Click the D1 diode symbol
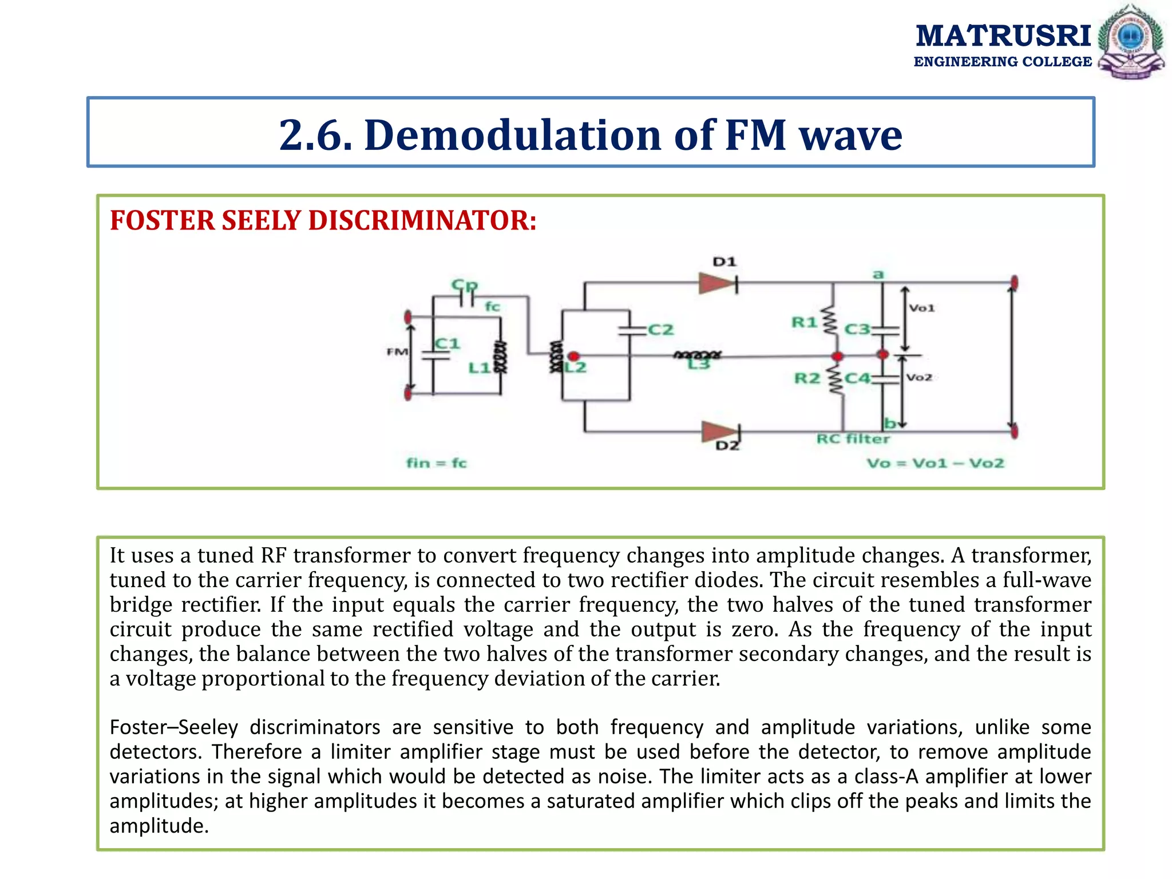pyautogui.click(x=718, y=283)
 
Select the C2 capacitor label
pyautogui.click(x=660, y=330)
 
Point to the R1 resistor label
pyautogui.click(x=804, y=322)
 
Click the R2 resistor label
pyautogui.click(x=807, y=378)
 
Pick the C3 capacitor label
pyautogui.click(x=857, y=330)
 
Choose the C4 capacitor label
pyautogui.click(x=857, y=378)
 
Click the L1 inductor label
pyautogui.click(x=480, y=367)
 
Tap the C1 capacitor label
pyautogui.click(x=448, y=343)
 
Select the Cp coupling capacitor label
pyautogui.click(x=464, y=284)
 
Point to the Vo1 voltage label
pyautogui.click(x=922, y=308)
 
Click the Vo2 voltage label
pyautogui.click(x=919, y=378)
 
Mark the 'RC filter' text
pyautogui.click(x=853, y=439)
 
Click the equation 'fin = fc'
pyautogui.click(x=437, y=462)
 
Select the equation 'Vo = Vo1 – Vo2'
pyautogui.click(x=935, y=463)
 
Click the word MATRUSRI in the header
pyautogui.click(x=1003, y=35)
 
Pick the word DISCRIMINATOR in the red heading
pyautogui.click(x=422, y=220)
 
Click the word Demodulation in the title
pyautogui.click(x=513, y=135)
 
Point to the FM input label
pyautogui.click(x=397, y=351)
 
